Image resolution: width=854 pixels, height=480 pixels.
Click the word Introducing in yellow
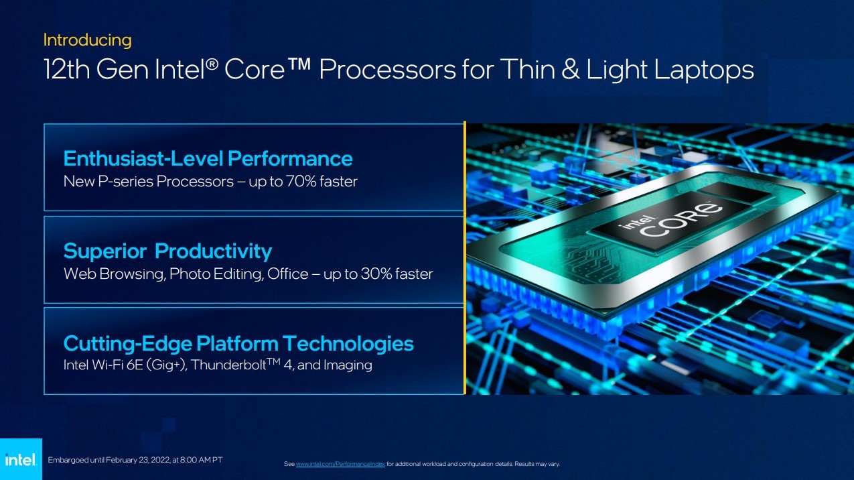coord(87,40)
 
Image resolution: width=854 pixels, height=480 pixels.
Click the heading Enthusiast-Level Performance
coord(208,159)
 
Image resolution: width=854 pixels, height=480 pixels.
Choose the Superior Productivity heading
coord(167,251)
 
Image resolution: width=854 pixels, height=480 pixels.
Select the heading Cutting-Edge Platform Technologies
coord(238,344)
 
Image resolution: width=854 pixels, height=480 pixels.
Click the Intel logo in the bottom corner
coord(21,459)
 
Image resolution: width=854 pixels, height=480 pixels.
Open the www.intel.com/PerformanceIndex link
coord(340,464)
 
